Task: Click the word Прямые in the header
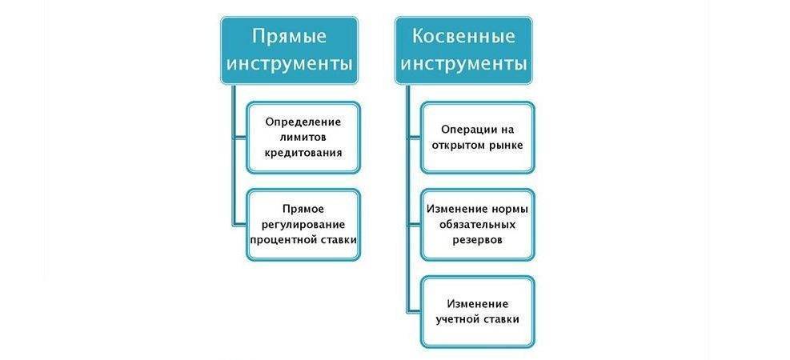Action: [289, 36]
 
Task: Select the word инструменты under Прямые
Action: [289, 64]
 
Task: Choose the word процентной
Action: [280, 238]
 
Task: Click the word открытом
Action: [457, 145]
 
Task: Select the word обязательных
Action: [478, 224]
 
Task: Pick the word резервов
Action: [478, 238]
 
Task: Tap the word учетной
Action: [459, 318]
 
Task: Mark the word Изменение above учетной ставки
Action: [478, 304]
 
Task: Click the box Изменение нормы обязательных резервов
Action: [478, 224]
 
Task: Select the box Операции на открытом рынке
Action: [478, 137]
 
